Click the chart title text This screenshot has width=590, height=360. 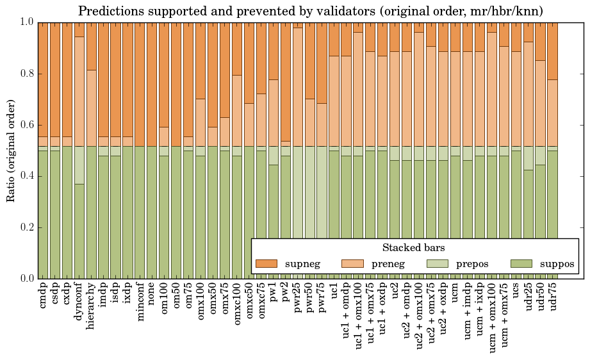(311, 11)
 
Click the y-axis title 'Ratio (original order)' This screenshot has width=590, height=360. (11, 150)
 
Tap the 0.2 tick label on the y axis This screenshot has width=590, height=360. (28, 227)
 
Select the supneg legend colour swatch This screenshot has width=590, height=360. (266, 263)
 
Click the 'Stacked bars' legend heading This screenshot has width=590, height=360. (414, 248)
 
